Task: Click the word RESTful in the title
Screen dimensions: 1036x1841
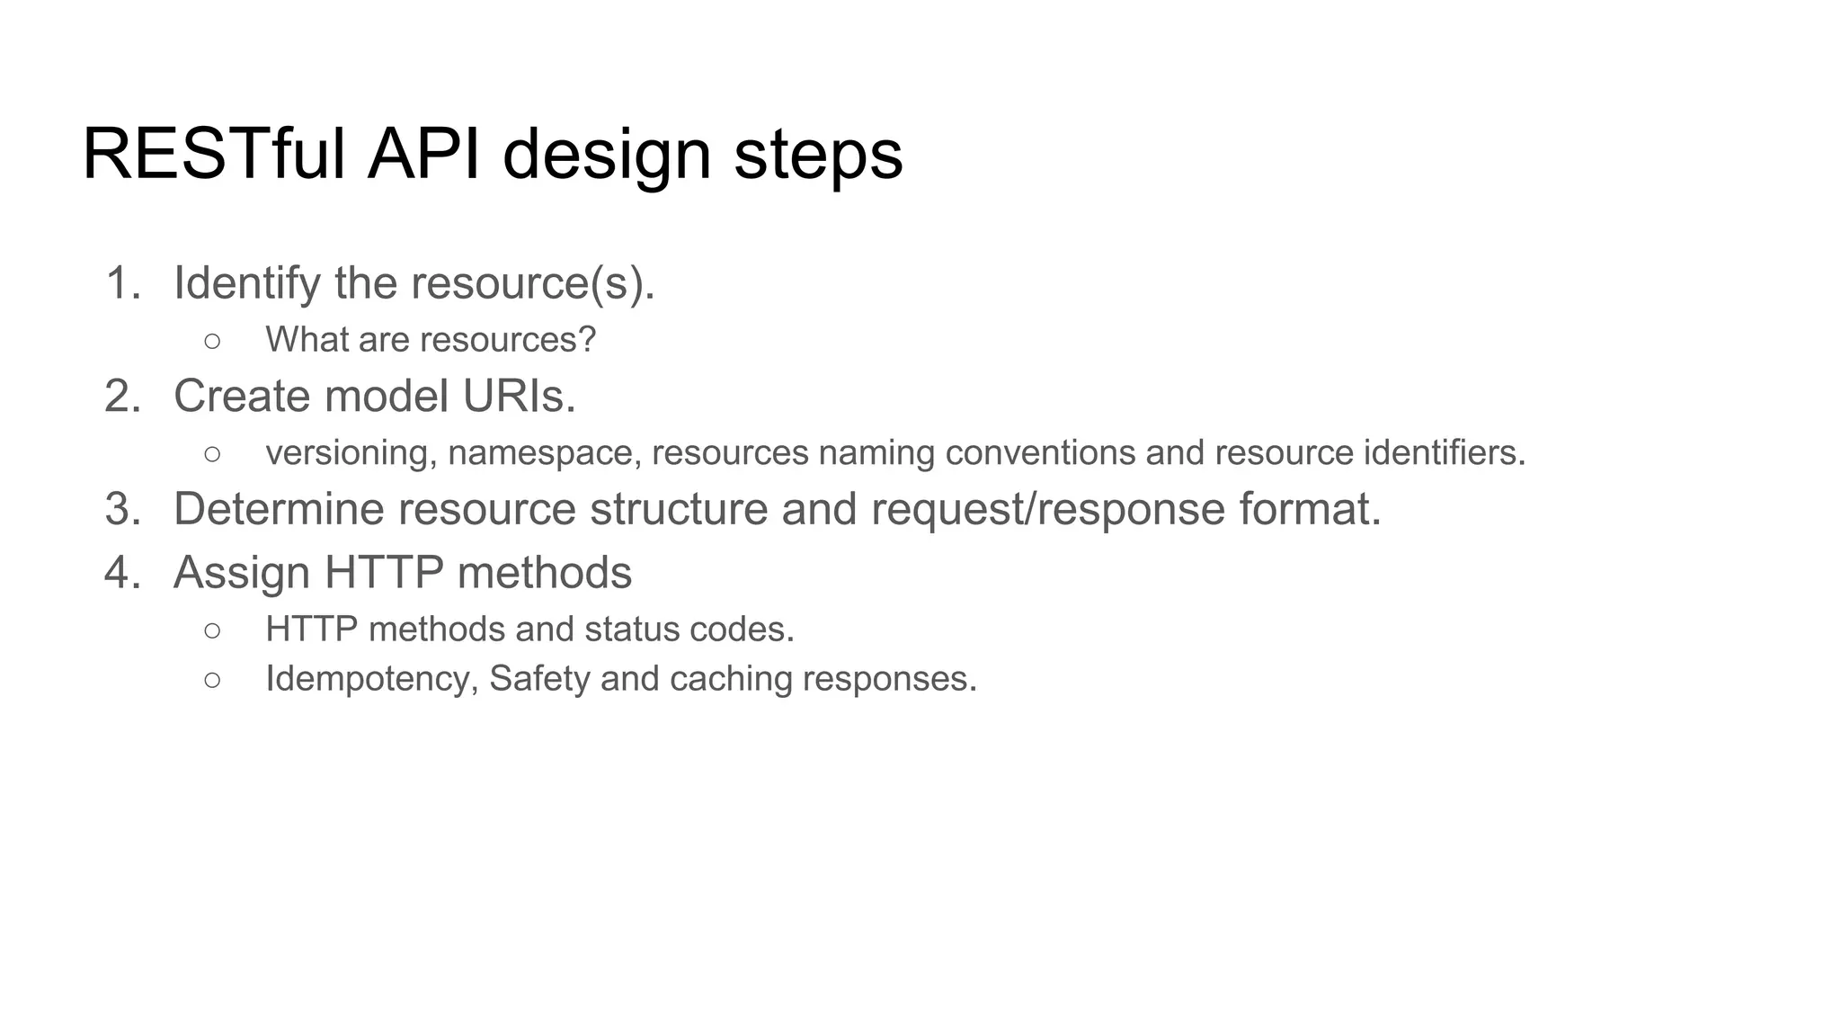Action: pos(213,155)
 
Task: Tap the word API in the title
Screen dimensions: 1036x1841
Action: pos(423,155)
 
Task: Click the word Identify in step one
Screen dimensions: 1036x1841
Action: pos(246,283)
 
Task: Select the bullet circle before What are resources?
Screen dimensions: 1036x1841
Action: pos(212,341)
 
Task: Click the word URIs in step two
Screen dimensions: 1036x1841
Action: pos(518,397)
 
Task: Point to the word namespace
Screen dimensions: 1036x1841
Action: pos(544,453)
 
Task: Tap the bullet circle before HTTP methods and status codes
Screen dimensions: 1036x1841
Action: pos(212,630)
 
